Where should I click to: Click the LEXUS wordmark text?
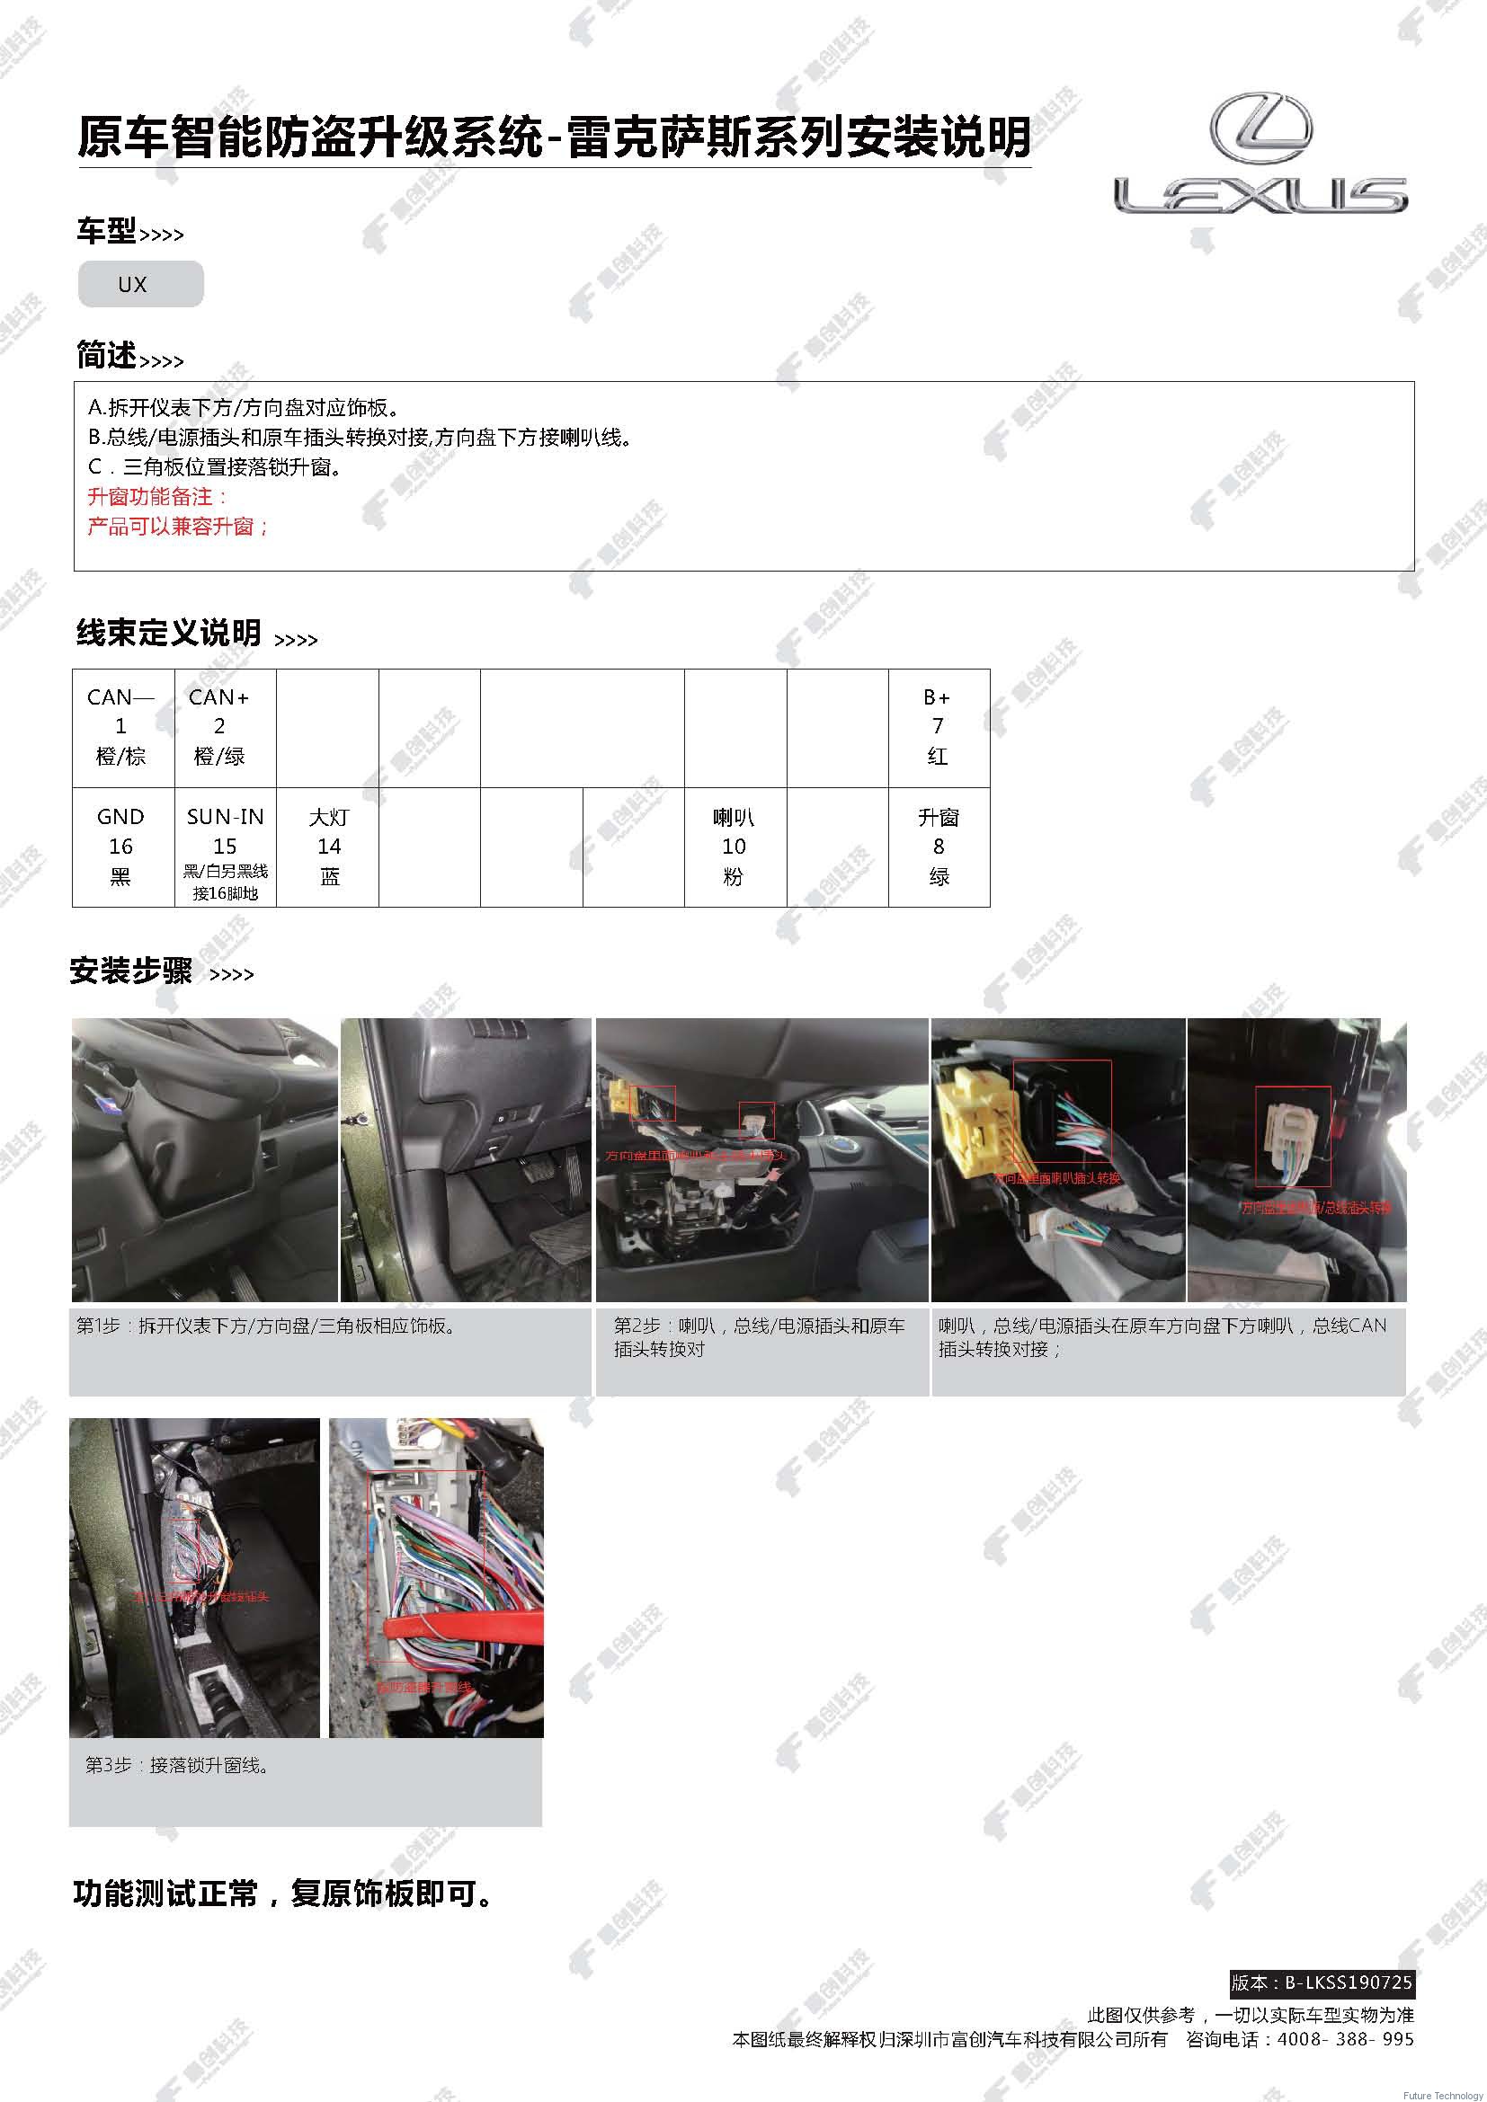1260,195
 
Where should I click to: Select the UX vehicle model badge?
140,284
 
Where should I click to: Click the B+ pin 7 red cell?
938,727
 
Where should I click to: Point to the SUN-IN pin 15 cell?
225,846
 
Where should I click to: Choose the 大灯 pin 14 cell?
328,846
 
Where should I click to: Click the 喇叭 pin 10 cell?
735,846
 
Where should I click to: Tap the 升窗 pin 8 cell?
938,846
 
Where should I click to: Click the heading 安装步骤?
131,971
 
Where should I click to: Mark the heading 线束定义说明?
168,633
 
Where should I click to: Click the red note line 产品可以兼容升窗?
179,527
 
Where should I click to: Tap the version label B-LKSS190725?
1322,1983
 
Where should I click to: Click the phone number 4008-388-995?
1344,2039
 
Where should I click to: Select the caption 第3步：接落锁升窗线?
178,1764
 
